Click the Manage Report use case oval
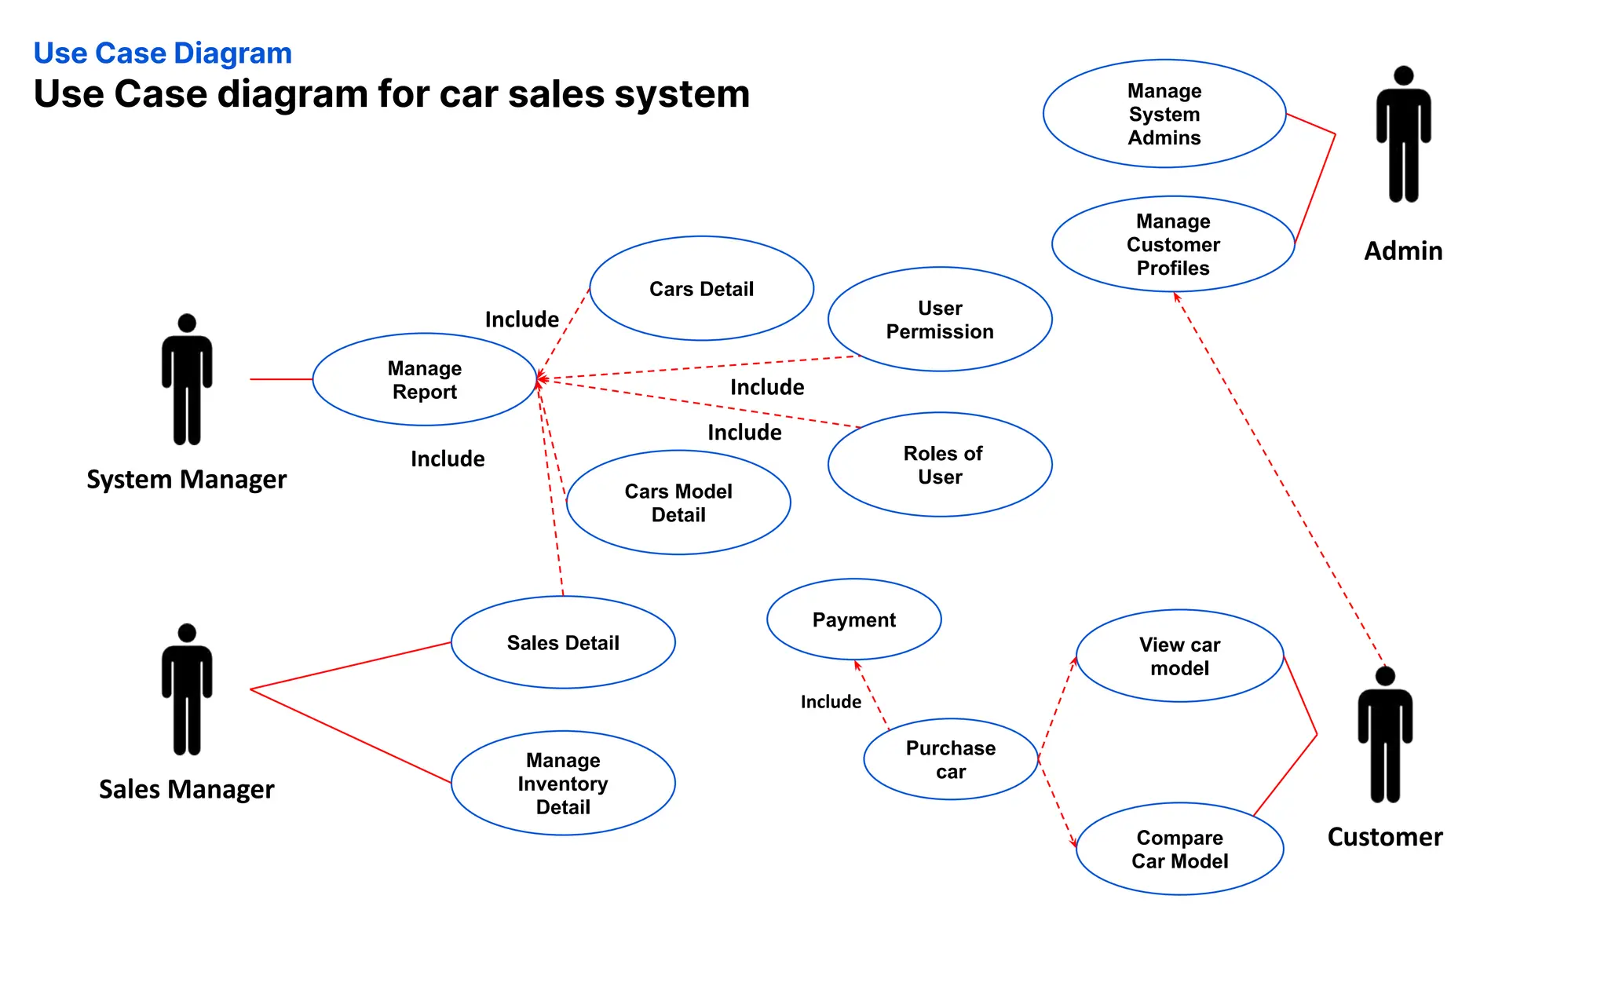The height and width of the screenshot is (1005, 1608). point(424,380)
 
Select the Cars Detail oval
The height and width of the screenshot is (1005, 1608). point(701,289)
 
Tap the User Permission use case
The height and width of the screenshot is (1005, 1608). point(940,320)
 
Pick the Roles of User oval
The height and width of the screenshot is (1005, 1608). point(940,465)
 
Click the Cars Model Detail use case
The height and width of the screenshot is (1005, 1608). point(678,502)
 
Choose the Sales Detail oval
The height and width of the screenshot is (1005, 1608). point(563,643)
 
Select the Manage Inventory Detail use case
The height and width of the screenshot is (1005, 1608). point(563,784)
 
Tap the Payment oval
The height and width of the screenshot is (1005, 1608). point(853,620)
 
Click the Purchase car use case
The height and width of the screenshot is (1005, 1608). point(950,759)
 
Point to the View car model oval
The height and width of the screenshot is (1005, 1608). point(1179,656)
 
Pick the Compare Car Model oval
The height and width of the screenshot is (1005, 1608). point(1179,849)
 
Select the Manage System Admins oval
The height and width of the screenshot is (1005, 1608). point(1164,115)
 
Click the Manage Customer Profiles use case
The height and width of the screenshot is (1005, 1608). point(1173,244)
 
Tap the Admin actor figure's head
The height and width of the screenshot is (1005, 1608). point(1403,75)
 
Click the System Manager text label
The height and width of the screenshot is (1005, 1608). point(186,480)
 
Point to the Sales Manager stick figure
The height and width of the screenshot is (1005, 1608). point(187,691)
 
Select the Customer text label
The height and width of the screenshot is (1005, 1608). point(1384,837)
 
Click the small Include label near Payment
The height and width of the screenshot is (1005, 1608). point(831,702)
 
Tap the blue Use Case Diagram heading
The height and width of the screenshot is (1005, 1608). point(163,53)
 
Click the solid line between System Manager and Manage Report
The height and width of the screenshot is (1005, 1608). point(281,379)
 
